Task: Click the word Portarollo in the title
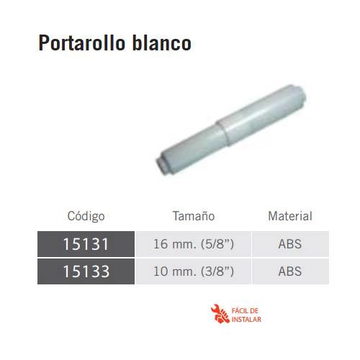tap(81, 43)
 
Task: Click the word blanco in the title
tap(162, 43)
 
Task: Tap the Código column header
tap(86, 216)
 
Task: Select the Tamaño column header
tap(194, 216)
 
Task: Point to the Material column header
tap(290, 216)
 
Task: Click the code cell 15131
tap(86, 244)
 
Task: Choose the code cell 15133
tap(86, 271)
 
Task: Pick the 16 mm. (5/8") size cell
tap(194, 244)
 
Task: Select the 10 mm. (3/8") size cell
tap(194, 271)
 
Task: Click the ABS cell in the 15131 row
tap(290, 244)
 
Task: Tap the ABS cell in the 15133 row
tap(290, 271)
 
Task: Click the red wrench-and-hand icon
tap(220, 314)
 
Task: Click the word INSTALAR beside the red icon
tap(246, 320)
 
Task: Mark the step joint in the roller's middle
tap(222, 131)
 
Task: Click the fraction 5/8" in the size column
tap(217, 244)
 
